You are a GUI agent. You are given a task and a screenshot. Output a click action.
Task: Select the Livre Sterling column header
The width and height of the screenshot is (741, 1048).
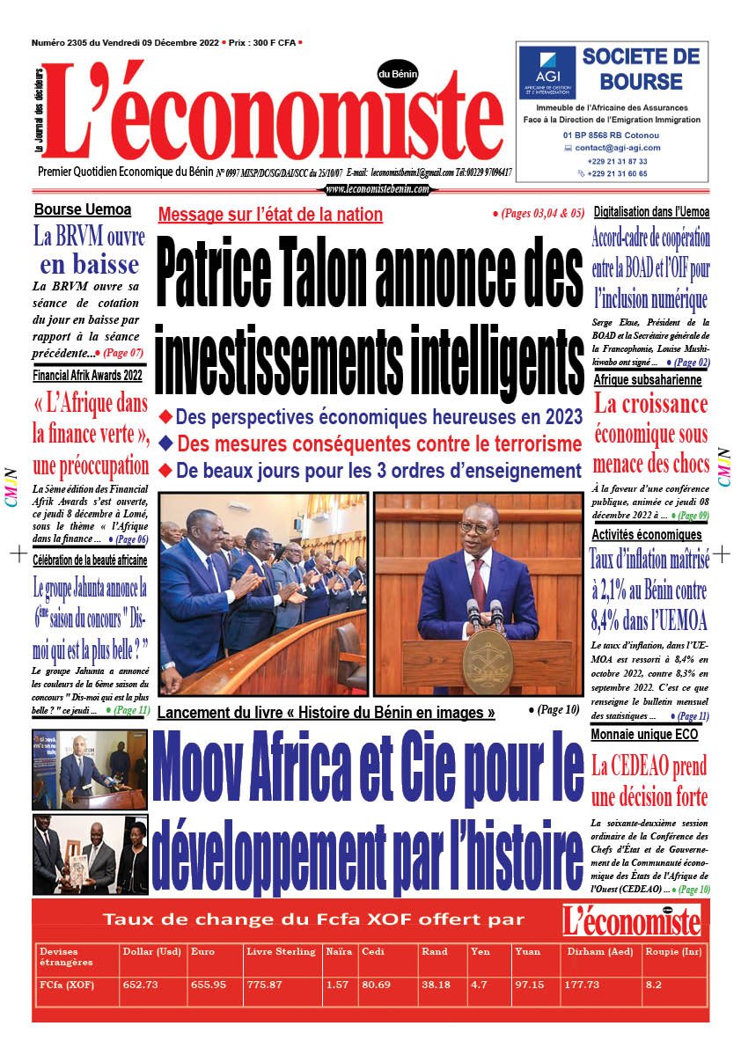coord(280,951)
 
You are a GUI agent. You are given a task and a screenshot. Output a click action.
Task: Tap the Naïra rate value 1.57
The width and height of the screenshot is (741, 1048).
coord(336,985)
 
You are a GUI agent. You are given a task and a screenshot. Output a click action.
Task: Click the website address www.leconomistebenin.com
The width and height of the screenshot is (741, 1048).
coord(378,189)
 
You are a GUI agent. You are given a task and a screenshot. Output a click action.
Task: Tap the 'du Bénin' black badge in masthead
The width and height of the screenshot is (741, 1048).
coord(398,74)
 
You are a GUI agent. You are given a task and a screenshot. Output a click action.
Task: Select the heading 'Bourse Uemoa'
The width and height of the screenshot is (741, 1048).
coord(83,209)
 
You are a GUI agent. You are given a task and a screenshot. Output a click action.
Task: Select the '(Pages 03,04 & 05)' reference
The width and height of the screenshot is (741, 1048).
coord(538,214)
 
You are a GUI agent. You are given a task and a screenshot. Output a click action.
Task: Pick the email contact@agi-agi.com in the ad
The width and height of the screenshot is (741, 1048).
coord(619,148)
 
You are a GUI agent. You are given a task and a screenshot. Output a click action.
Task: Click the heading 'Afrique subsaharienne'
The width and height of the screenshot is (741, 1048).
coord(647,380)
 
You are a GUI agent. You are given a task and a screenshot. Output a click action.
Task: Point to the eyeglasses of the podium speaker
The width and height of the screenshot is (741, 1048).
coord(481,527)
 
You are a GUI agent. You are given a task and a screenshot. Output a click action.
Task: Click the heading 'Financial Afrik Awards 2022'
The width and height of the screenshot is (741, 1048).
coord(87,375)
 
